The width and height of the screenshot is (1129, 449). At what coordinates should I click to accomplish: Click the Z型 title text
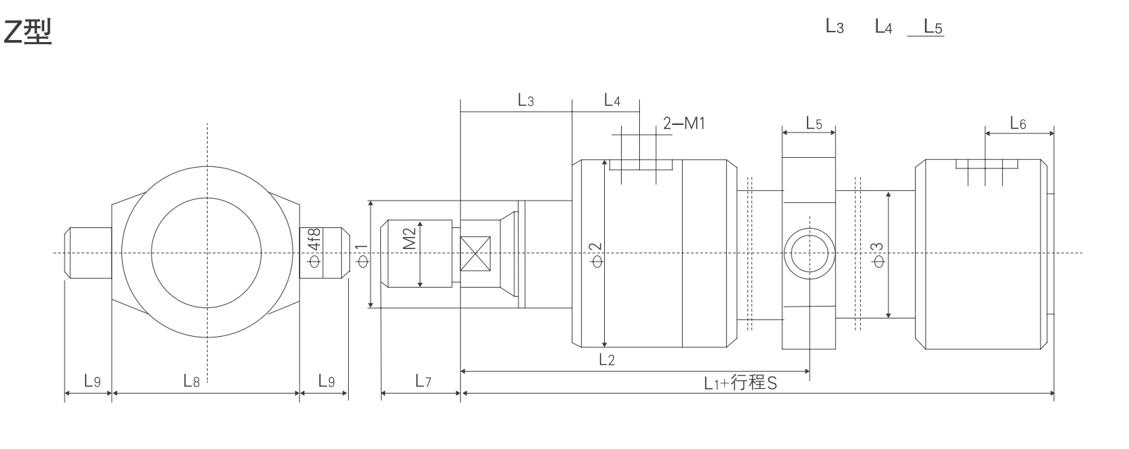pyautogui.click(x=28, y=32)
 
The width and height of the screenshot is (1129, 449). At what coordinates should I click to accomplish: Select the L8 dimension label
pyautogui.click(x=192, y=381)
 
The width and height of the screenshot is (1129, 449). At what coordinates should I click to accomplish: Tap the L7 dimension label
pyautogui.click(x=422, y=381)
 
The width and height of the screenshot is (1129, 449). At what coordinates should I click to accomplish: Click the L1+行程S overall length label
pyautogui.click(x=740, y=383)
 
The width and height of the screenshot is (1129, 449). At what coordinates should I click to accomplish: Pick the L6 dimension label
pyautogui.click(x=1017, y=124)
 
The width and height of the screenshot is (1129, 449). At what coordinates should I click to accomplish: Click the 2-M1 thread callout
pyautogui.click(x=683, y=124)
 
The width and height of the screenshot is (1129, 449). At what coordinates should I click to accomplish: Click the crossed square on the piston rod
pyautogui.click(x=475, y=253)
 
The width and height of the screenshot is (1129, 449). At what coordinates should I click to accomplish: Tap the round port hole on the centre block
pyautogui.click(x=809, y=253)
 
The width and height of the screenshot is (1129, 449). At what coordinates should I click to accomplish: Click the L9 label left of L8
pyautogui.click(x=92, y=381)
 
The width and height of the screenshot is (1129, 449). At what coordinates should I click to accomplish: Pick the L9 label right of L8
pyautogui.click(x=326, y=381)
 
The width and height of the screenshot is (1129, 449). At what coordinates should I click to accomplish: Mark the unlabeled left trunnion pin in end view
pyautogui.click(x=88, y=253)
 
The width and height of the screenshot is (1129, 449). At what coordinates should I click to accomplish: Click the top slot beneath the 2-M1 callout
pyautogui.click(x=641, y=165)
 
